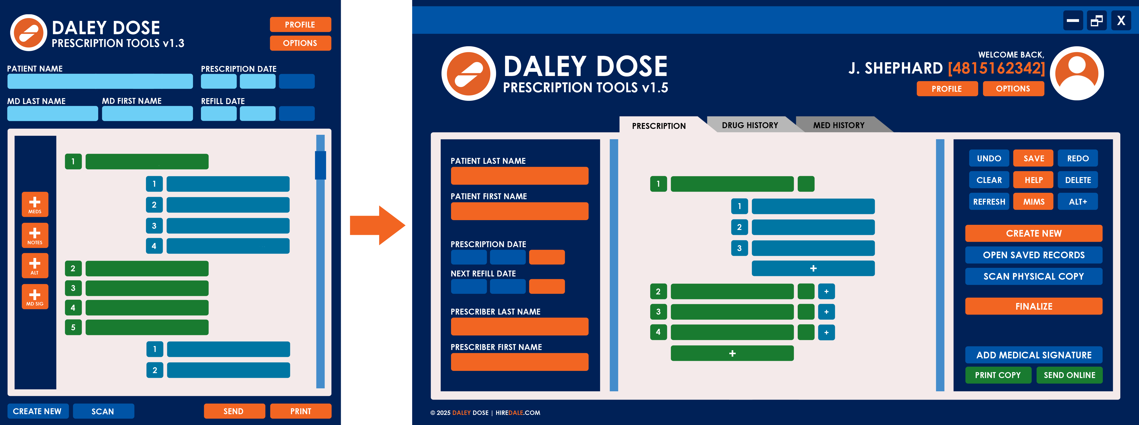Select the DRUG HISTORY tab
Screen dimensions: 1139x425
tap(750, 125)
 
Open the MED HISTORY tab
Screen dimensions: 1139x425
tap(839, 125)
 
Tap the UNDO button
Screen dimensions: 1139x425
tap(989, 158)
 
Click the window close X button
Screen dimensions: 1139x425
tap(1121, 20)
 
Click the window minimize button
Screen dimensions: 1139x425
tap(1073, 20)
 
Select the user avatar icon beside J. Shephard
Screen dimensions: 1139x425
tap(1077, 73)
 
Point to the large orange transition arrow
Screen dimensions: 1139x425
tap(377, 225)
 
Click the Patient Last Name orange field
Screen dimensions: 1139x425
tap(520, 175)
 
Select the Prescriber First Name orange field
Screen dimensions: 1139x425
tap(520, 362)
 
